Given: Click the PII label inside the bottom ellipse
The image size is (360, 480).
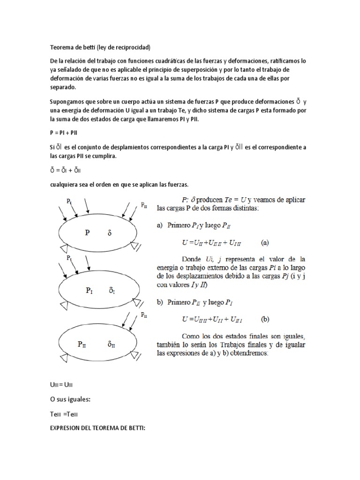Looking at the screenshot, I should point(82,344).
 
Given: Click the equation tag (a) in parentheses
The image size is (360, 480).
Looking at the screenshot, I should point(265,243).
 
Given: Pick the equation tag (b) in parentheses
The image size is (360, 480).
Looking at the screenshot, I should point(265,319).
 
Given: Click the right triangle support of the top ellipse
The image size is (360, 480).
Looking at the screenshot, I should point(136,246).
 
